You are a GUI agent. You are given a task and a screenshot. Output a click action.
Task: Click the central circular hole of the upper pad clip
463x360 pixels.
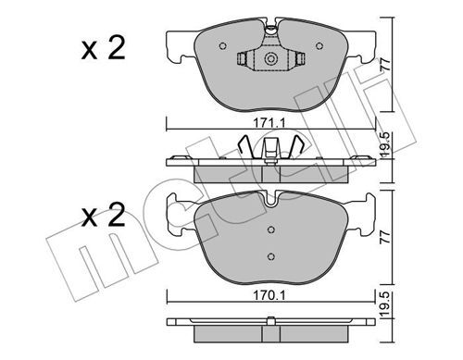pyautogui.click(x=271, y=60)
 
